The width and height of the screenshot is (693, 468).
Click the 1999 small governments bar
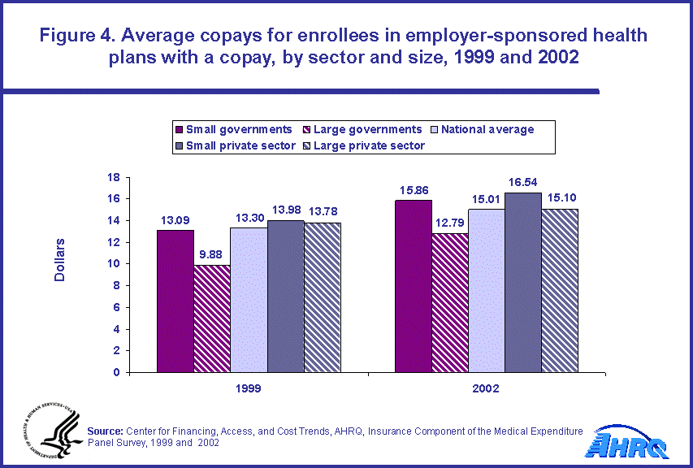pyautogui.click(x=175, y=301)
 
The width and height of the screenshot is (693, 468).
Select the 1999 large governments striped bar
pyautogui.click(x=212, y=318)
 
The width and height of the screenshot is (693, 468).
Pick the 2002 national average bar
pyautogui.click(x=486, y=290)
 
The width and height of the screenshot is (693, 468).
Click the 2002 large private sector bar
pyautogui.click(x=560, y=290)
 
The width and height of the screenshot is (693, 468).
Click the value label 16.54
pyautogui.click(x=522, y=183)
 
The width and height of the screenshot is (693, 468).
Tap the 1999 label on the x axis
pyautogui.click(x=249, y=389)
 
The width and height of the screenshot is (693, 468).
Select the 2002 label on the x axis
pyautogui.click(x=487, y=389)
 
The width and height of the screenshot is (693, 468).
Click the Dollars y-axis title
pyautogui.click(x=60, y=260)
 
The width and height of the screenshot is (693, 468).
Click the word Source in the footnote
pyautogui.click(x=104, y=431)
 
